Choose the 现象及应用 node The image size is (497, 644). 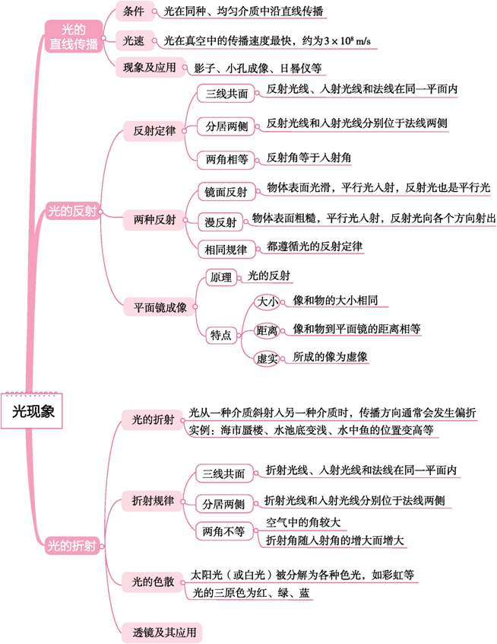[150, 68]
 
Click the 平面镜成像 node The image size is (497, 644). [160, 308]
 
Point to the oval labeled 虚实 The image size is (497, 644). [266, 357]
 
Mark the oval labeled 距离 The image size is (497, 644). [266, 330]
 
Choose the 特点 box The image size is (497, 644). [220, 335]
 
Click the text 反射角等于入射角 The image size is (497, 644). [308, 158]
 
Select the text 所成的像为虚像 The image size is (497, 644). [330, 356]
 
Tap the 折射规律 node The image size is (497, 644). [154, 501]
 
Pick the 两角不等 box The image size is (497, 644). [223, 531]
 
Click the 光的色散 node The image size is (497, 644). [154, 582]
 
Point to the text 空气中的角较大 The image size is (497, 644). [302, 521]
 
